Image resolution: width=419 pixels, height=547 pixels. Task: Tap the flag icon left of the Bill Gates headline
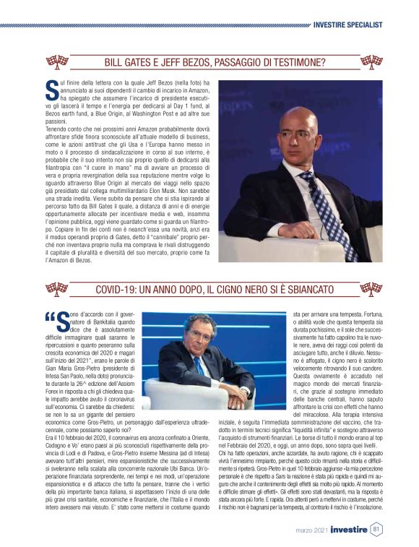tap(57, 61)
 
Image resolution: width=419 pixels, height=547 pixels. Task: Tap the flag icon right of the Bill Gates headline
tap(371, 61)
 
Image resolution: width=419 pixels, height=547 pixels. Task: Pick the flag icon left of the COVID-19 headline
tap(57, 289)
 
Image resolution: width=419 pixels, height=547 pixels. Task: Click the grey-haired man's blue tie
tap(199, 366)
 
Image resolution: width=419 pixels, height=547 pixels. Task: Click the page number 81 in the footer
tap(376, 529)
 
